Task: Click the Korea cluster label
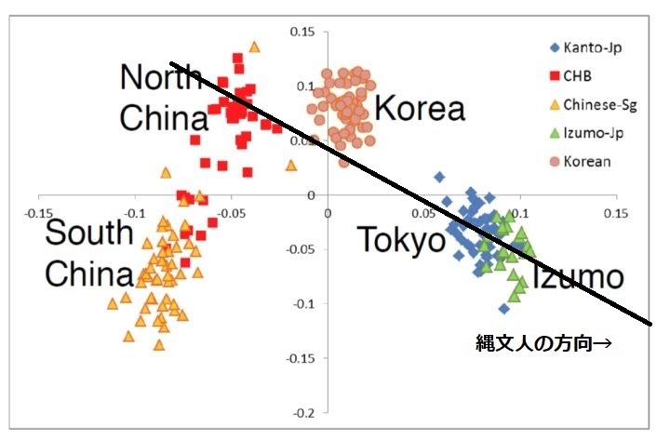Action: point(419,109)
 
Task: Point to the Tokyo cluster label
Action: point(403,241)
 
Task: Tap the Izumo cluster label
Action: point(577,276)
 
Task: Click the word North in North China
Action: point(161,78)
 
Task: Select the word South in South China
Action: point(90,233)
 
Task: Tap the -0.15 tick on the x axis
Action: point(38,211)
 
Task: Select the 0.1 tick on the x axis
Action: point(519,211)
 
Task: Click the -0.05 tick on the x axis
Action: point(231,211)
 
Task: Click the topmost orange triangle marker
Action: point(255,46)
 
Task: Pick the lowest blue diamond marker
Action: point(504,308)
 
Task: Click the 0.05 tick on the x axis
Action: point(423,211)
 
